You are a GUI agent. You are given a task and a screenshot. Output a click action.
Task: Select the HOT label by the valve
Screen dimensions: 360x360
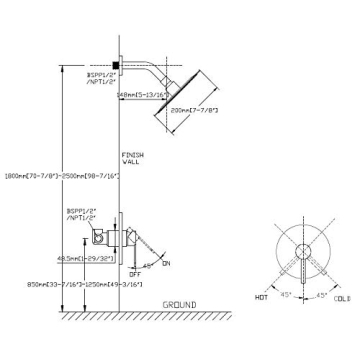(263, 298)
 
